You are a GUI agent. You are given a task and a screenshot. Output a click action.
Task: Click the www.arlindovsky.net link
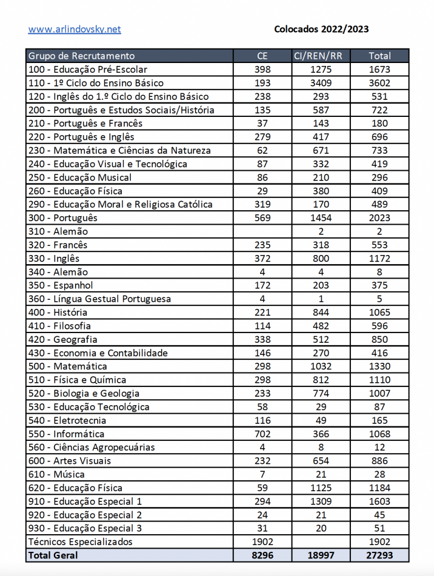pos(74,29)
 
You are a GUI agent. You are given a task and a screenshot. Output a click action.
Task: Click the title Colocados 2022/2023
pos(321,29)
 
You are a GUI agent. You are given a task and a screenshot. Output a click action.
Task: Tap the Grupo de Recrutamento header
pos(82,56)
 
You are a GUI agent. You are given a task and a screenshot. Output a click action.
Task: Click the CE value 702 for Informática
pos(262,434)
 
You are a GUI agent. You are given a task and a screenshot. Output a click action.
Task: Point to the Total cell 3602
pos(379,83)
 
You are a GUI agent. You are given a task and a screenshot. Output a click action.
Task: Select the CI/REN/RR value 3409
pos(321,83)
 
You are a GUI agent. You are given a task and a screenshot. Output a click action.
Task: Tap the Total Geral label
pos(53,555)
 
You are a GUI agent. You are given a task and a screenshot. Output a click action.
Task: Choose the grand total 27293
pos(379,555)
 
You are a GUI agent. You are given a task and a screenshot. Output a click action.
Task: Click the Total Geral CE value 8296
pos(262,555)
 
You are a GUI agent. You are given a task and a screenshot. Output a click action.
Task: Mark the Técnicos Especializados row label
pos(81,541)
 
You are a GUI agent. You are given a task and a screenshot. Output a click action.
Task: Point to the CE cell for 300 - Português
pos(262,218)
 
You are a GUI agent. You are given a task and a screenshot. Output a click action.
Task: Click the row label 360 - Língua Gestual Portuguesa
pos(100,299)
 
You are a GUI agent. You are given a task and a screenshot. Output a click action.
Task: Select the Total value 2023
pos(379,218)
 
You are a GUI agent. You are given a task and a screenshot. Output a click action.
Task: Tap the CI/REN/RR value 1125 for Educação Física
pos(321,488)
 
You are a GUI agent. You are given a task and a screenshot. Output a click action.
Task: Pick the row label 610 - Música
pos(57,474)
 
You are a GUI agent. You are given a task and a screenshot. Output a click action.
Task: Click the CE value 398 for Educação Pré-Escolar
pos(262,70)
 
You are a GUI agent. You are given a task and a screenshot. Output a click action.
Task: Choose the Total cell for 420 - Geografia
pos(379,339)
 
